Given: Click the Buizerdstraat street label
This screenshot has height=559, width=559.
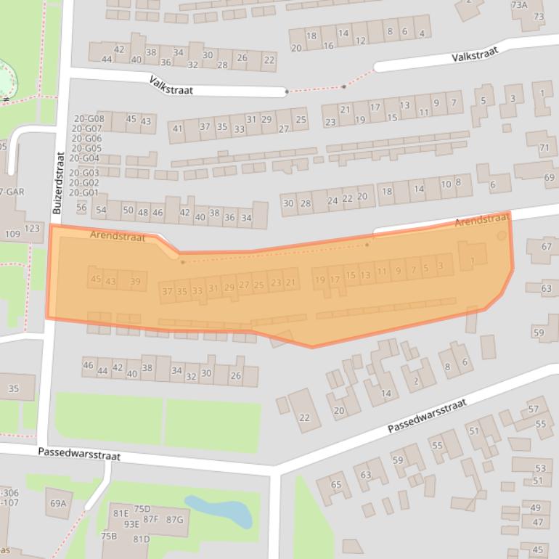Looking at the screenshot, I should click(x=57, y=182).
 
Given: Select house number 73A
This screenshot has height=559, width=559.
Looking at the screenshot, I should click(x=519, y=4).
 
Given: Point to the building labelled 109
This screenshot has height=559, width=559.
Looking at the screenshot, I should click(x=12, y=234).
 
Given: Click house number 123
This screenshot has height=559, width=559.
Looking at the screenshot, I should click(x=33, y=229).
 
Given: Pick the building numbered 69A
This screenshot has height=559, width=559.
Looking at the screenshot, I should click(x=58, y=503).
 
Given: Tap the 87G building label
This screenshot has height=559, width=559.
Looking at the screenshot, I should click(x=174, y=519).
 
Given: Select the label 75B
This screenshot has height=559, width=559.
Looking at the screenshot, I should click(x=109, y=536).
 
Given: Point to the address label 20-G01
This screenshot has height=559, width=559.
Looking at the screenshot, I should click(x=83, y=192).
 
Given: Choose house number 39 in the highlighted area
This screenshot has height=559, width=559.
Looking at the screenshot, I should click(x=135, y=282).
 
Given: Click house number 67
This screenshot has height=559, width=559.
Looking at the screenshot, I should click(x=546, y=247).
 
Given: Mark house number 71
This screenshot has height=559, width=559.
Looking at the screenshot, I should click(x=544, y=148).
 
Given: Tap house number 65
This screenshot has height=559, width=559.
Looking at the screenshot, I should click(x=335, y=485).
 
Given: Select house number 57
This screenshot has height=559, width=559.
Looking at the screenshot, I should click(x=534, y=409).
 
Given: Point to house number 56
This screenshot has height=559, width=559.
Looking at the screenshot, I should click(x=81, y=208).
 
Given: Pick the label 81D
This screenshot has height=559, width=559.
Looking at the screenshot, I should click(x=141, y=539).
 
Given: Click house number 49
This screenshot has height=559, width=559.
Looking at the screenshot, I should click(x=536, y=507).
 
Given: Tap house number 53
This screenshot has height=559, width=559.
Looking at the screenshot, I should click(x=539, y=468).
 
